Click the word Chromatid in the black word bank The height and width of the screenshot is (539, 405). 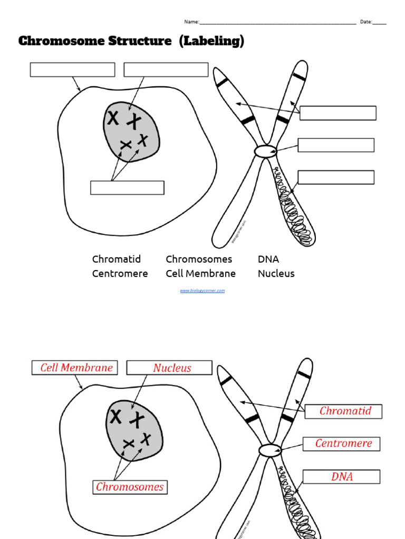[116, 259]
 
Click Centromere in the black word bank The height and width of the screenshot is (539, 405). [120, 274]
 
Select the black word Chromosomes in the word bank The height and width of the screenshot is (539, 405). [199, 259]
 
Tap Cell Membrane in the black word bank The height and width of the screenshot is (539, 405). [200, 274]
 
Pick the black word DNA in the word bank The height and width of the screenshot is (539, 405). [268, 259]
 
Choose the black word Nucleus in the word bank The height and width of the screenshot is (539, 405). [276, 274]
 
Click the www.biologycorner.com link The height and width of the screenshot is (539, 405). [202, 291]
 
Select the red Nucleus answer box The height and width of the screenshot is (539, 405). [170, 368]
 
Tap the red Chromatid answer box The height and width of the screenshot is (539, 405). [343, 411]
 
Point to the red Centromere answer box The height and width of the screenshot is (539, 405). [341, 444]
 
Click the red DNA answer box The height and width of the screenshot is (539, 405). [341, 477]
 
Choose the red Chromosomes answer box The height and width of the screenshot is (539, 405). [129, 487]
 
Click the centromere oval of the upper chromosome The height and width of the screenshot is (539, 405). [265, 152]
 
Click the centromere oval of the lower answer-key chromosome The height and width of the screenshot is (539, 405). [269, 451]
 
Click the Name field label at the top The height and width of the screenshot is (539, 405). [191, 22]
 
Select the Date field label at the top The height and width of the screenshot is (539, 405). [366, 22]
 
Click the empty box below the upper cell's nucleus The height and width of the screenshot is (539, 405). [127, 188]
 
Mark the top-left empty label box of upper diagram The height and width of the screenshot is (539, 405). [72, 70]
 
